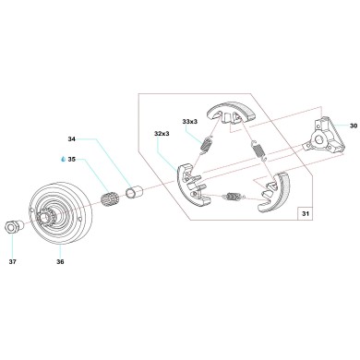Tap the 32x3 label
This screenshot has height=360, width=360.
162,134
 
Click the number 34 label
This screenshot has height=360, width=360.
72,140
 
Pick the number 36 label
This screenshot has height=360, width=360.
60,261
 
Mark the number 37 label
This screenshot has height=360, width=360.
13,261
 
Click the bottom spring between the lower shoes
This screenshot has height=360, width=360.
234,196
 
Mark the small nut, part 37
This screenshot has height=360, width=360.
16,226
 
